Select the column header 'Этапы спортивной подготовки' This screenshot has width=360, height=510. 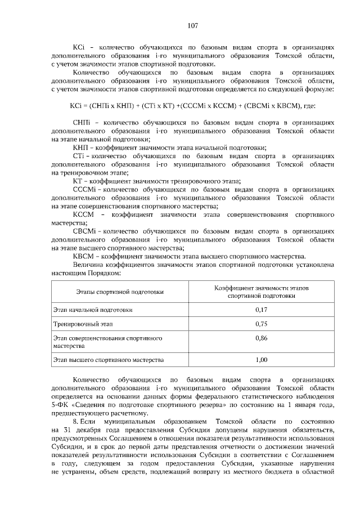120,292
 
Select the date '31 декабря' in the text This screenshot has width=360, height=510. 84,431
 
